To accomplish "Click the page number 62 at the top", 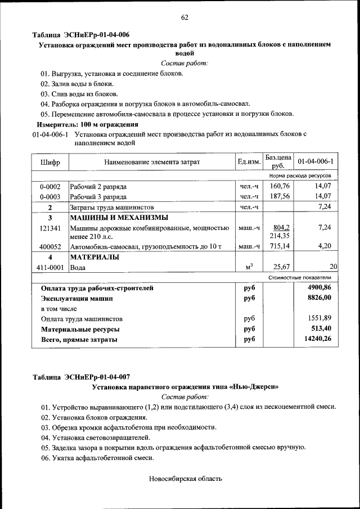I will (x=184, y=17).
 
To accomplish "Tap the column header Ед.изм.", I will (x=249, y=162).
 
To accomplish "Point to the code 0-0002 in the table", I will (x=50, y=186).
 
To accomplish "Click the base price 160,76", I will (x=280, y=186).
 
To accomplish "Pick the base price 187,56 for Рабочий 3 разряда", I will (x=280, y=196).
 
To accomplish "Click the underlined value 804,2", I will (x=281, y=228).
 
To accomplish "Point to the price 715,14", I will (x=280, y=246).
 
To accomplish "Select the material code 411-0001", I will (x=50, y=268).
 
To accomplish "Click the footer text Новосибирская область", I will (x=186, y=479).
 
